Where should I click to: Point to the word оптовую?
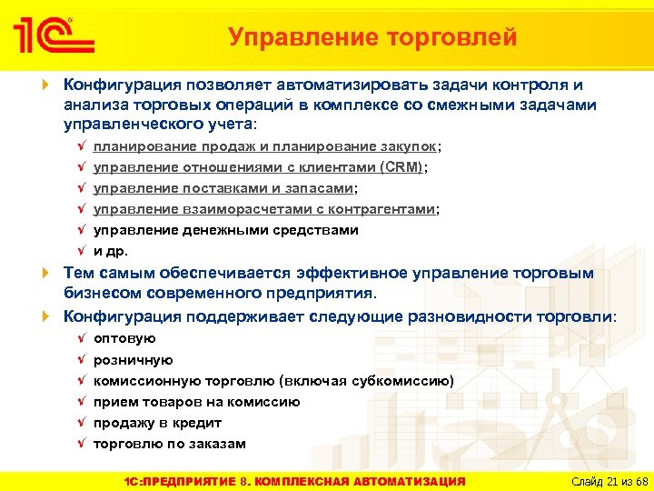click(124, 339)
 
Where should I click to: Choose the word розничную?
click(134, 360)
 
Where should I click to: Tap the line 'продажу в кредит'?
click(157, 423)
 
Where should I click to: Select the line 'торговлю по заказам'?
click(169, 444)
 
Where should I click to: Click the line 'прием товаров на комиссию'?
click(196, 402)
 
